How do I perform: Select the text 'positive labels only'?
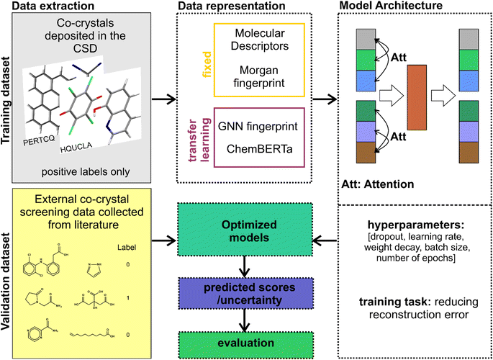90,173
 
